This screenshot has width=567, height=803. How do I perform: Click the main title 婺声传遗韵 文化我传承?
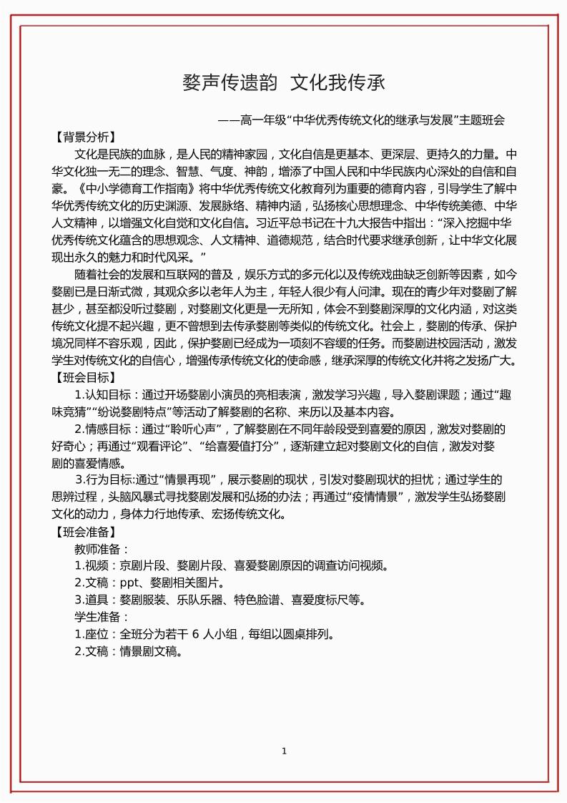[x=284, y=83]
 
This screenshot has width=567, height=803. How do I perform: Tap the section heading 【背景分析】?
[x=84, y=137]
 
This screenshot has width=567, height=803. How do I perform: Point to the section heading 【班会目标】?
[x=84, y=377]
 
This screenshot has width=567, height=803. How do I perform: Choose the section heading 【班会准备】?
[x=84, y=532]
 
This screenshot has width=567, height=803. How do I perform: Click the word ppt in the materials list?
[x=129, y=583]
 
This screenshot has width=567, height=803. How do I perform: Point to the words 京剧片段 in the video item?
[x=143, y=566]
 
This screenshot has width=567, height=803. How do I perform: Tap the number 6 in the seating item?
[x=194, y=634]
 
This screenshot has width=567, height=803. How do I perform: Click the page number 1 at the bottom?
[x=284, y=751]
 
